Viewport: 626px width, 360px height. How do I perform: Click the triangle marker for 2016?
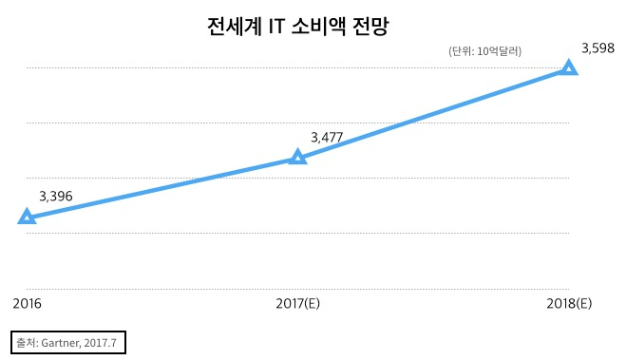[x=28, y=217]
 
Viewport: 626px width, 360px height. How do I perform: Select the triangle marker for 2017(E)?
[x=297, y=157]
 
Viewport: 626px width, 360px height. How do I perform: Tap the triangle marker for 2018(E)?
[x=569, y=67]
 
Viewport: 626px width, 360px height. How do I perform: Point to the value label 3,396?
[x=56, y=197]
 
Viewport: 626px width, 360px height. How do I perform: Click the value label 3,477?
[x=327, y=137]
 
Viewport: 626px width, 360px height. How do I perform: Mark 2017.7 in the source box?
[x=103, y=341]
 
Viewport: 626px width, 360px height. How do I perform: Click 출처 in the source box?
[x=26, y=341]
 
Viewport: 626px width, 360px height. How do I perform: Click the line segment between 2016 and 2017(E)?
[x=162, y=187]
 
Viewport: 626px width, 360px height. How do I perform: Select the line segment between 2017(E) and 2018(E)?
[x=433, y=112]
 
